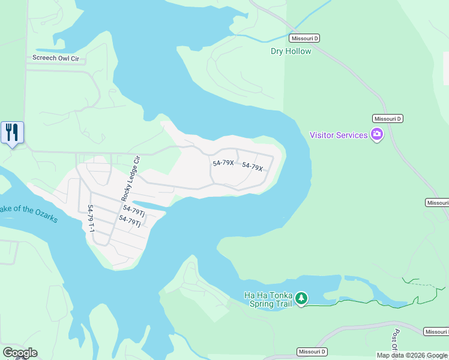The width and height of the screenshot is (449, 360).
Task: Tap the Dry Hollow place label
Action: tap(291, 51)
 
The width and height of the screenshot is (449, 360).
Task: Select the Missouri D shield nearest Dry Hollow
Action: tap(304, 38)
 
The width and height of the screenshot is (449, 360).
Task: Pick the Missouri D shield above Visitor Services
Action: tap(387, 119)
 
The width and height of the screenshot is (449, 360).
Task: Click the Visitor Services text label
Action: tap(339, 135)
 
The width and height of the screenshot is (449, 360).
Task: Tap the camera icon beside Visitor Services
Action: tap(377, 134)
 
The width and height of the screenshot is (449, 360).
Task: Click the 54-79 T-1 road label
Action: tap(91, 219)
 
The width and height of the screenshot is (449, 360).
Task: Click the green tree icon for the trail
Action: tap(301, 298)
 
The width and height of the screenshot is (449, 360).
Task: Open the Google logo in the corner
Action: tap(20, 353)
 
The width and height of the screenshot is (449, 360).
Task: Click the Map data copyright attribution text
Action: tap(412, 355)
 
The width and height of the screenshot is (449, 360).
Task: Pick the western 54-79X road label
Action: tap(223, 163)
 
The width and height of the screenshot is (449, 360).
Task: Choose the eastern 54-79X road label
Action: tap(253, 167)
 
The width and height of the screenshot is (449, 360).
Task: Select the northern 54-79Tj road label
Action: tap(134, 211)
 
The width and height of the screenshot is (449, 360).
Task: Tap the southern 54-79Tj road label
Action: tap(130, 221)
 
